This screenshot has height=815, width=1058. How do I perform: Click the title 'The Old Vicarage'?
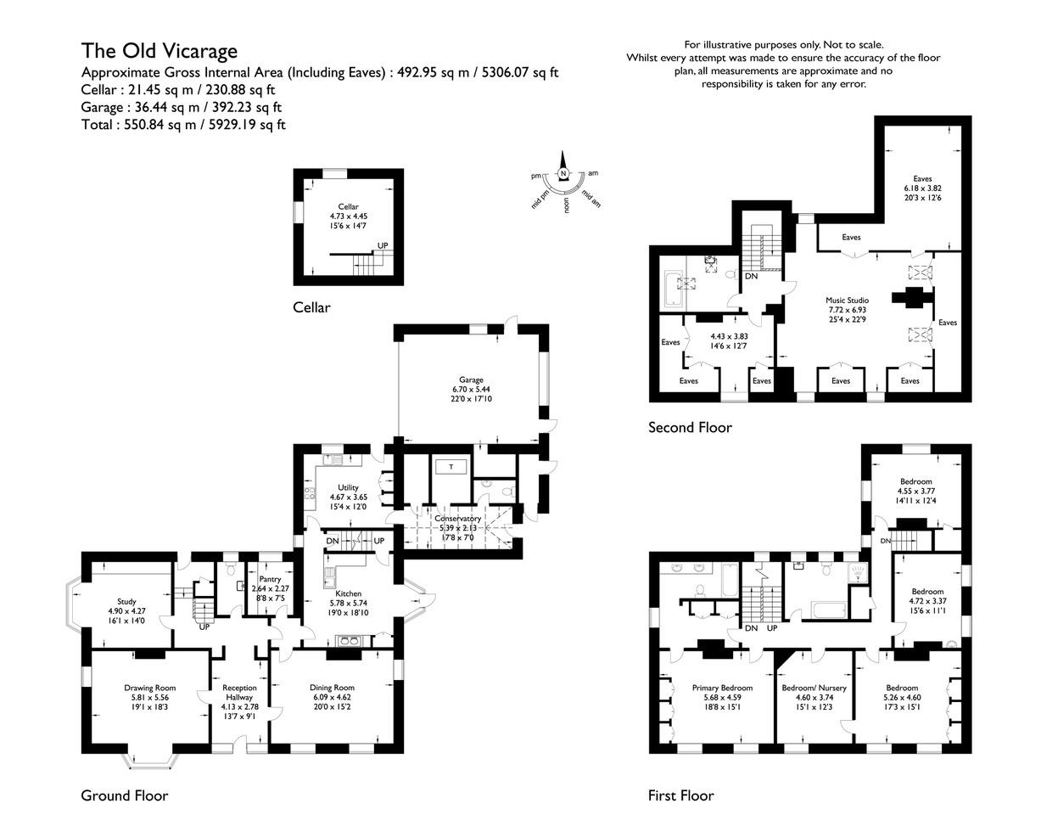[159, 51]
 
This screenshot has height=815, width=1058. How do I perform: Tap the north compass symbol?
[563, 173]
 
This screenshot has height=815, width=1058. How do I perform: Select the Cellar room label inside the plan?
[348, 207]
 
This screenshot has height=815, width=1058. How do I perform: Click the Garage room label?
[471, 380]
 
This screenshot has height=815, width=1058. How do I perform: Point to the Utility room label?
[348, 487]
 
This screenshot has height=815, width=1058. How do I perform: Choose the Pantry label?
[270, 579]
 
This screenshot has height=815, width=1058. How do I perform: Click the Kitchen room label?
[348, 593]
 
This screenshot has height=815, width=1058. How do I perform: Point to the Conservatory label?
[457, 519]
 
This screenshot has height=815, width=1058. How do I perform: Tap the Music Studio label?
[847, 301]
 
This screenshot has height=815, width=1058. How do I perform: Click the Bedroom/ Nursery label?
[814, 688]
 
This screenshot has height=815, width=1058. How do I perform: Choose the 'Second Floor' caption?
[689, 428]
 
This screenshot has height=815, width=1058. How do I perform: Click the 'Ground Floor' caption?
[124, 795]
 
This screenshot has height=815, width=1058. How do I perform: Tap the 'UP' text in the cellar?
[383, 245]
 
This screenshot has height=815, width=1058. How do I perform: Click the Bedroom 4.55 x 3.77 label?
[915, 481]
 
